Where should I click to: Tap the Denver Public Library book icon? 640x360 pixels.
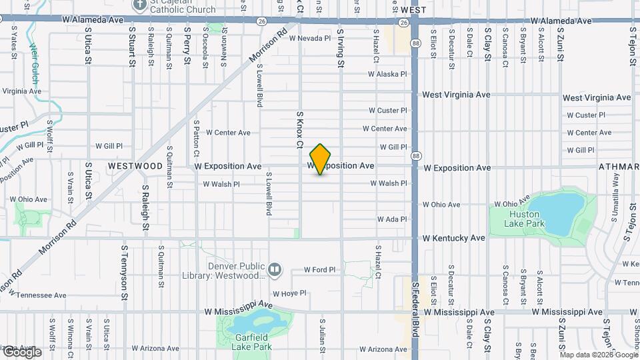click(x=275, y=269)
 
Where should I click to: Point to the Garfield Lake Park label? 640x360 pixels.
click(x=251, y=342)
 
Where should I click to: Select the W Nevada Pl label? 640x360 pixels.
click(x=309, y=39)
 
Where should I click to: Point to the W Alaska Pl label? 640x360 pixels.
click(x=387, y=75)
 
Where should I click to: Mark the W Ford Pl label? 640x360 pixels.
click(x=319, y=270)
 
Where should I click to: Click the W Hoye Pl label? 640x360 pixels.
click(x=289, y=293)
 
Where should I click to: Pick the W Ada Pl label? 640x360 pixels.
click(x=391, y=219)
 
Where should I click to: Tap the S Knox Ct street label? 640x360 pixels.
click(x=300, y=129)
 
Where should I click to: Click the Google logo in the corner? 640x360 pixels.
click(x=22, y=352)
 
